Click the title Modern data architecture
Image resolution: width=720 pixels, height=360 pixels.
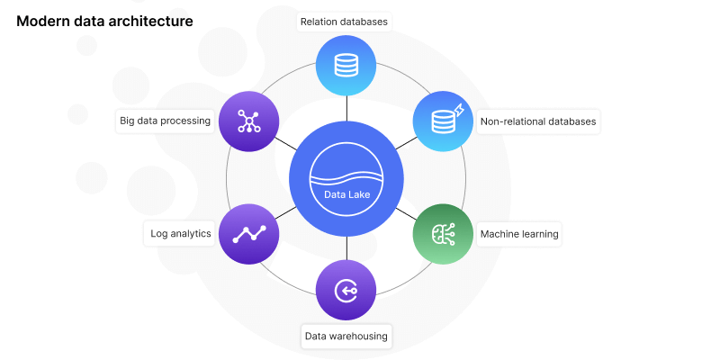(x=104, y=21)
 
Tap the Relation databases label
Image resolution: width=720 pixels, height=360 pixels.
(x=346, y=20)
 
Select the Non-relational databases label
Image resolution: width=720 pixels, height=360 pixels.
(x=538, y=121)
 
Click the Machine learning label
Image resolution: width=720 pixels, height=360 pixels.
(x=519, y=234)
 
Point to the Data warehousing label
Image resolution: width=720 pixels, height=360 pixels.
(x=346, y=337)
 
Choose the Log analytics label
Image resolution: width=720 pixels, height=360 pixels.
(x=181, y=234)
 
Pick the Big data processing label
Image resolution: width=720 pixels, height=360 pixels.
(x=165, y=121)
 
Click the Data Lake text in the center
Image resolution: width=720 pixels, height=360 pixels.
(x=346, y=193)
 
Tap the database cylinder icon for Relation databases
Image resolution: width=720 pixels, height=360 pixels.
(x=346, y=65)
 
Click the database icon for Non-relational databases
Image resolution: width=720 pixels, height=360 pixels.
(x=444, y=121)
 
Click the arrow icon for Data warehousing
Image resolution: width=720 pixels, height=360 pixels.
(x=346, y=290)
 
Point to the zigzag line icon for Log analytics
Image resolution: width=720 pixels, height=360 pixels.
(x=249, y=234)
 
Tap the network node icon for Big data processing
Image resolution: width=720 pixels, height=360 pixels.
(x=249, y=121)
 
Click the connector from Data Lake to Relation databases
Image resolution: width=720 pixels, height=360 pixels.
(x=346, y=108)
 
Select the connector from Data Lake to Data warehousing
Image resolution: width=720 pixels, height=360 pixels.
(x=346, y=248)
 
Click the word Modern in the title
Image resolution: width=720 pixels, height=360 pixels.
(x=43, y=21)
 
